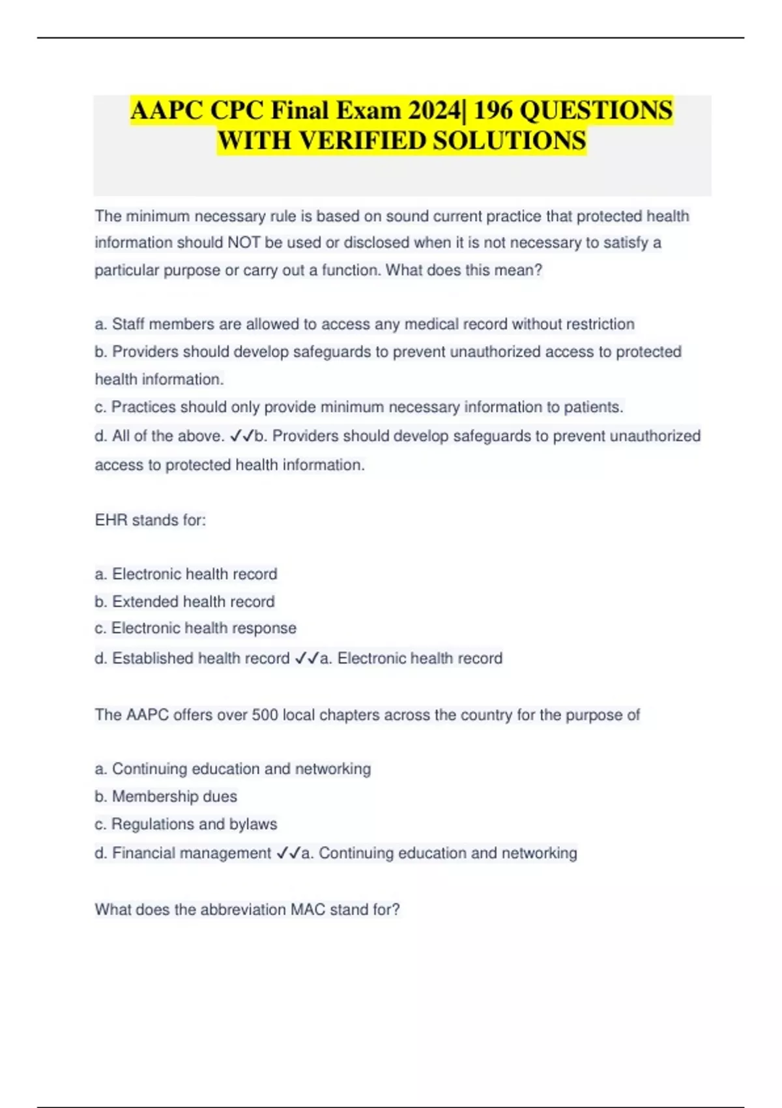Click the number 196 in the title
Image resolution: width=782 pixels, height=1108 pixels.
point(493,111)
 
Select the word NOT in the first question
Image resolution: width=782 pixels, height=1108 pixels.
point(244,243)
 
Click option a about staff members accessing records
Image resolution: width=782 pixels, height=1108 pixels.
point(364,324)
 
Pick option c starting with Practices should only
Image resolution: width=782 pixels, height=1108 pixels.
point(359,407)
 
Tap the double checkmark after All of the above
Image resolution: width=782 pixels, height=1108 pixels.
point(242,436)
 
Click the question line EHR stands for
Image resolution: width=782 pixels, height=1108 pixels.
point(151,520)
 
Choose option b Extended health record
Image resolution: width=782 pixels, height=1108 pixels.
point(184,602)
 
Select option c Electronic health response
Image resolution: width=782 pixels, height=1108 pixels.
point(195,628)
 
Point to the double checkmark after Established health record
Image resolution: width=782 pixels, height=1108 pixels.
point(306,659)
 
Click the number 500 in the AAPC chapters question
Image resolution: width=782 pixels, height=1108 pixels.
point(265,715)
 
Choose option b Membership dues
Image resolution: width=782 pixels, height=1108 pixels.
point(166,796)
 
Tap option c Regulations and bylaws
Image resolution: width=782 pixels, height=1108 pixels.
point(186,824)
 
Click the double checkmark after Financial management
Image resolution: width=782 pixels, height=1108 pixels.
point(288,853)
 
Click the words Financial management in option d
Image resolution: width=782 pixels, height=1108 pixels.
point(192,853)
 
